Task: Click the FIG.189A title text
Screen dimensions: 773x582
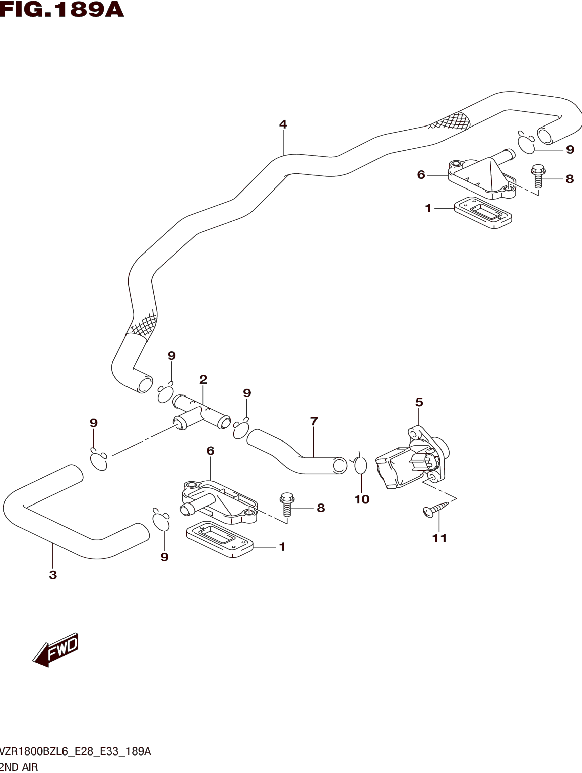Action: pos(62,10)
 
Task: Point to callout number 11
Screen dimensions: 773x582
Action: pos(440,538)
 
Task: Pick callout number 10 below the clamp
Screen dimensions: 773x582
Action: pos(362,499)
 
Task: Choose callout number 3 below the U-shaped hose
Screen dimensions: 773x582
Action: pos(53,575)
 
